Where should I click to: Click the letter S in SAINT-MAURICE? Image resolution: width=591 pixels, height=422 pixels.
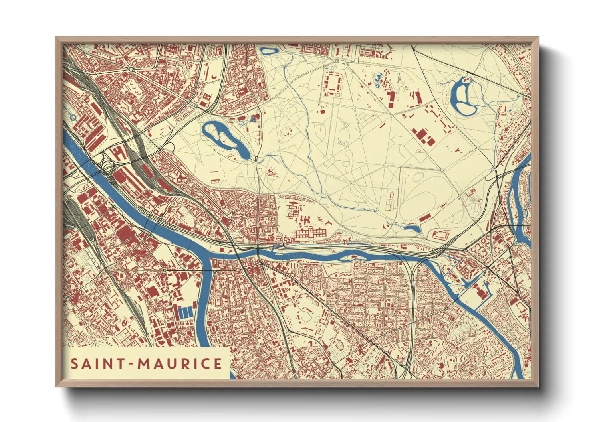(75, 364)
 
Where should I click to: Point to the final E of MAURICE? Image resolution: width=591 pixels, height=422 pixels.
(218, 364)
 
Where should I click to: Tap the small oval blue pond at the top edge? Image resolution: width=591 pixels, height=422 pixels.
(269, 51)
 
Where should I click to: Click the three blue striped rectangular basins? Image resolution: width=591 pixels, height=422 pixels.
(185, 312)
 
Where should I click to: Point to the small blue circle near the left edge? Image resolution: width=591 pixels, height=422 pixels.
(73, 118)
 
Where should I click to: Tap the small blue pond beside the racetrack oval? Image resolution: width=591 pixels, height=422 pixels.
(412, 229)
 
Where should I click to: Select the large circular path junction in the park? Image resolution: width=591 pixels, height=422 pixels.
(328, 160)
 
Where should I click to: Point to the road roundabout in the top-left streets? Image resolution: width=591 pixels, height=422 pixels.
(131, 69)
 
